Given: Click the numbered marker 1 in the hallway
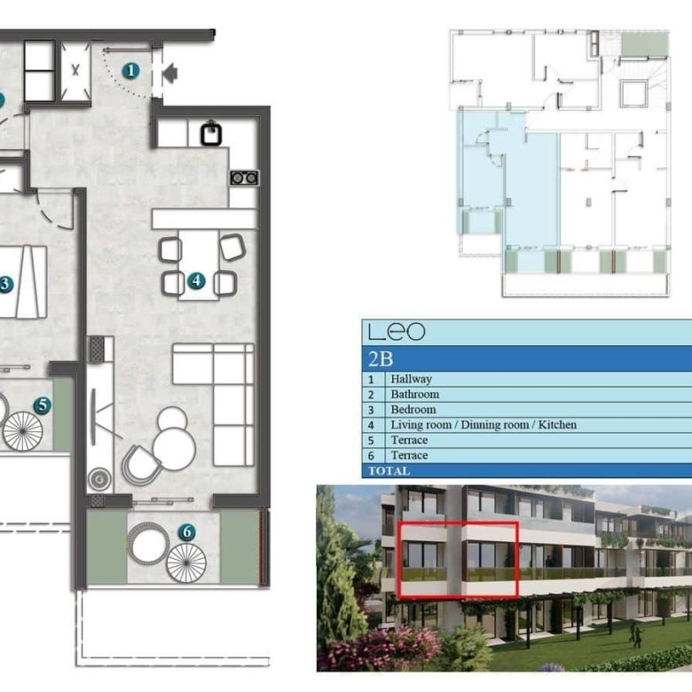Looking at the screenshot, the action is (x=130, y=71).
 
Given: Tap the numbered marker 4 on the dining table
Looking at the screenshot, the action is (x=196, y=280).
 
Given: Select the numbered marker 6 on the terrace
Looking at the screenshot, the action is (x=187, y=532).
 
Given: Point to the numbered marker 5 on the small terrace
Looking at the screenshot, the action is (x=43, y=405).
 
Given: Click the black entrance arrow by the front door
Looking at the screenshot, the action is (x=170, y=73).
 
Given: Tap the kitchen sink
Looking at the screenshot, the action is (x=211, y=133).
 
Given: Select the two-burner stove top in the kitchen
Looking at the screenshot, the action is (x=244, y=177).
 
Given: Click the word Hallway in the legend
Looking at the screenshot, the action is (x=412, y=380).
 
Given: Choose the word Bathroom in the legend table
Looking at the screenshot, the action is (x=415, y=394).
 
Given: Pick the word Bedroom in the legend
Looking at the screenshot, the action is (x=413, y=410).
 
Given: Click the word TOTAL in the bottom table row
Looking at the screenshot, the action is (x=389, y=471).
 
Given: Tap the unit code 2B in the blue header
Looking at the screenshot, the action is (x=381, y=358).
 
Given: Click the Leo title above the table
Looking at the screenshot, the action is (x=397, y=332).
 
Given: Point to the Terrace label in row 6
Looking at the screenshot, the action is (x=409, y=455).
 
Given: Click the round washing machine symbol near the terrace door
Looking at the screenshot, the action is (x=99, y=479).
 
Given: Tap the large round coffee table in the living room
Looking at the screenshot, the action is (x=174, y=449).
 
